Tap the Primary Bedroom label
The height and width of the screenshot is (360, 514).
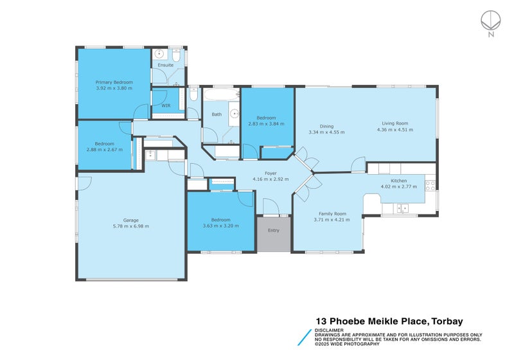coord(114,82)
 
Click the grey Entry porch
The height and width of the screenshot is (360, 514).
coord(274,234)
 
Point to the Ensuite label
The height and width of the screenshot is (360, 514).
coord(166,65)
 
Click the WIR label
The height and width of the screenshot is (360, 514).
coord(166,105)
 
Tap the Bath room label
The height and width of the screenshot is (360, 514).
coord(217,114)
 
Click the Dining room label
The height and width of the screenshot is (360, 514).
coord(327,126)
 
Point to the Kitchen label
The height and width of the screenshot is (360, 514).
coord(408,181)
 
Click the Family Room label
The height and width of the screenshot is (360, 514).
coord(332,213)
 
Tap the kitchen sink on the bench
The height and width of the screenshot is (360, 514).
coord(403,207)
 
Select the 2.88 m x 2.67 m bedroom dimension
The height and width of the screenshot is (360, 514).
coord(105,150)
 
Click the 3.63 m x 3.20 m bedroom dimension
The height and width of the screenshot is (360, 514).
coord(220,226)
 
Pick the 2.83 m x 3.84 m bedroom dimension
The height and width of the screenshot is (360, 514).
coord(266,124)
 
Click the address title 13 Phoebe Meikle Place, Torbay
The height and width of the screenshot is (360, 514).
coord(389,321)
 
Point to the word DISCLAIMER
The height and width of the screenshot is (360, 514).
coord(328,330)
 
